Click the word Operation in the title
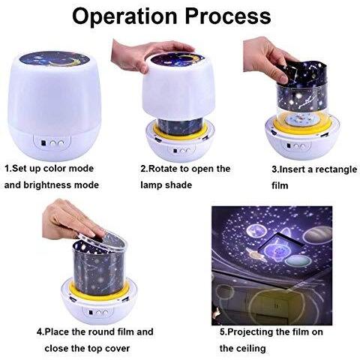[x=124, y=16]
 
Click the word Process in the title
[x=228, y=16]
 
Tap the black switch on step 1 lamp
[x=43, y=143]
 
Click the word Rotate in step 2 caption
[x=163, y=169]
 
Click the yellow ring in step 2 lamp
[x=180, y=130]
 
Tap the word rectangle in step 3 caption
[x=336, y=169]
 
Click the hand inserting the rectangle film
[x=266, y=58]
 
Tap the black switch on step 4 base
[x=91, y=313]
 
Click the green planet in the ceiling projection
[x=298, y=261]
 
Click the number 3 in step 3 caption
[x=274, y=169]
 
